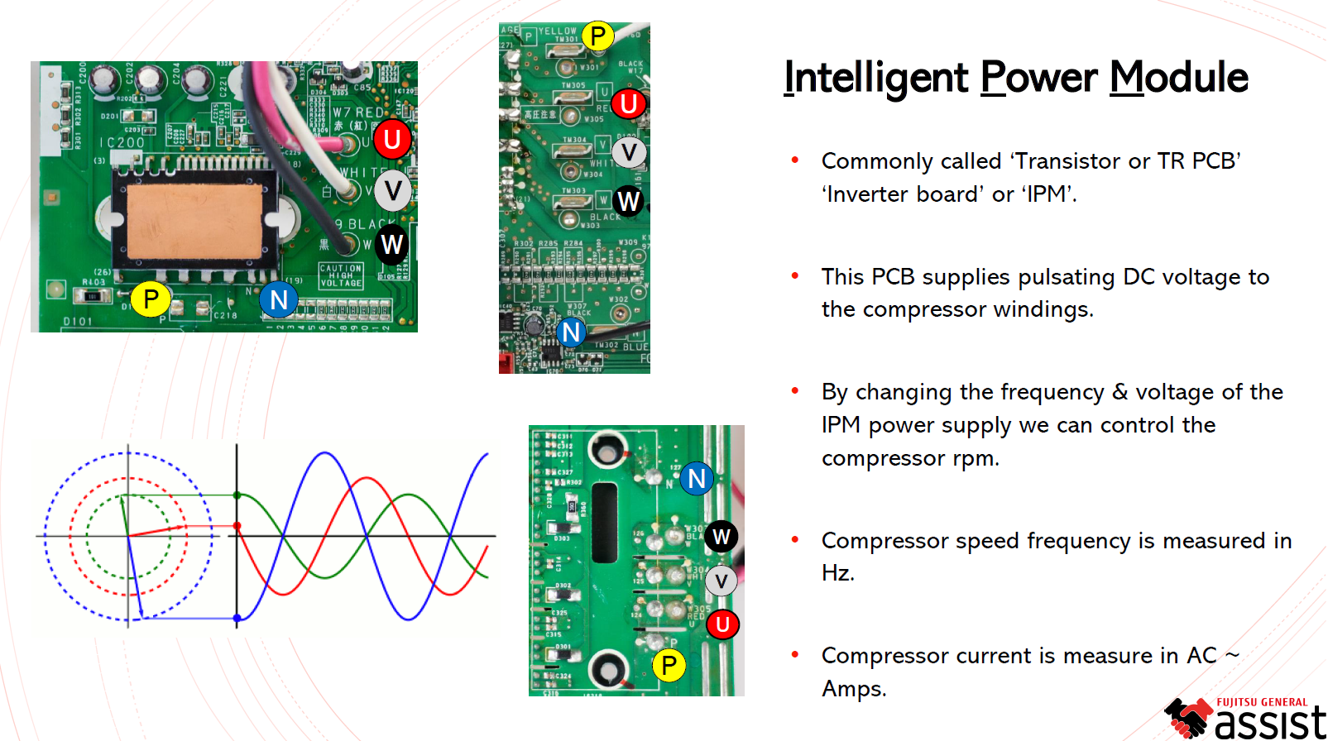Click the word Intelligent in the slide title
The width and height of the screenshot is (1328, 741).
(x=875, y=78)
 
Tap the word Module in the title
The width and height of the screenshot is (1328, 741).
(x=1178, y=78)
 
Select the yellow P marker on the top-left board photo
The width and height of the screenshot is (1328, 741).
(x=151, y=299)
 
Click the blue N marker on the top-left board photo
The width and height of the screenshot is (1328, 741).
(x=279, y=299)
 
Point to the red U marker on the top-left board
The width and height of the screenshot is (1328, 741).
(x=392, y=139)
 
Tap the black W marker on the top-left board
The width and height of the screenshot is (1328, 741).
(x=391, y=245)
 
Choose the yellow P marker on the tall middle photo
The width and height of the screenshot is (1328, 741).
(x=597, y=36)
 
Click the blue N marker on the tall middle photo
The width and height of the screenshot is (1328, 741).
(x=571, y=332)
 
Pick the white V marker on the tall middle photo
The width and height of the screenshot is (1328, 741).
(x=629, y=152)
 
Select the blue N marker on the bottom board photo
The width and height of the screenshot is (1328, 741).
(x=697, y=478)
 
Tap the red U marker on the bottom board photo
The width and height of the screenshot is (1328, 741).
(x=722, y=624)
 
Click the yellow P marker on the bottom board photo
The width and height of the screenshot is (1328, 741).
(x=669, y=665)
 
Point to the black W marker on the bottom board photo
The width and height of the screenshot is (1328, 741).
(x=722, y=537)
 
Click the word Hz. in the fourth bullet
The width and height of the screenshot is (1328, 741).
(x=837, y=572)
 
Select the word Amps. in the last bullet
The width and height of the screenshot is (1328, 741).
(x=853, y=688)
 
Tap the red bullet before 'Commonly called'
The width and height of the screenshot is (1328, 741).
(x=795, y=160)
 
